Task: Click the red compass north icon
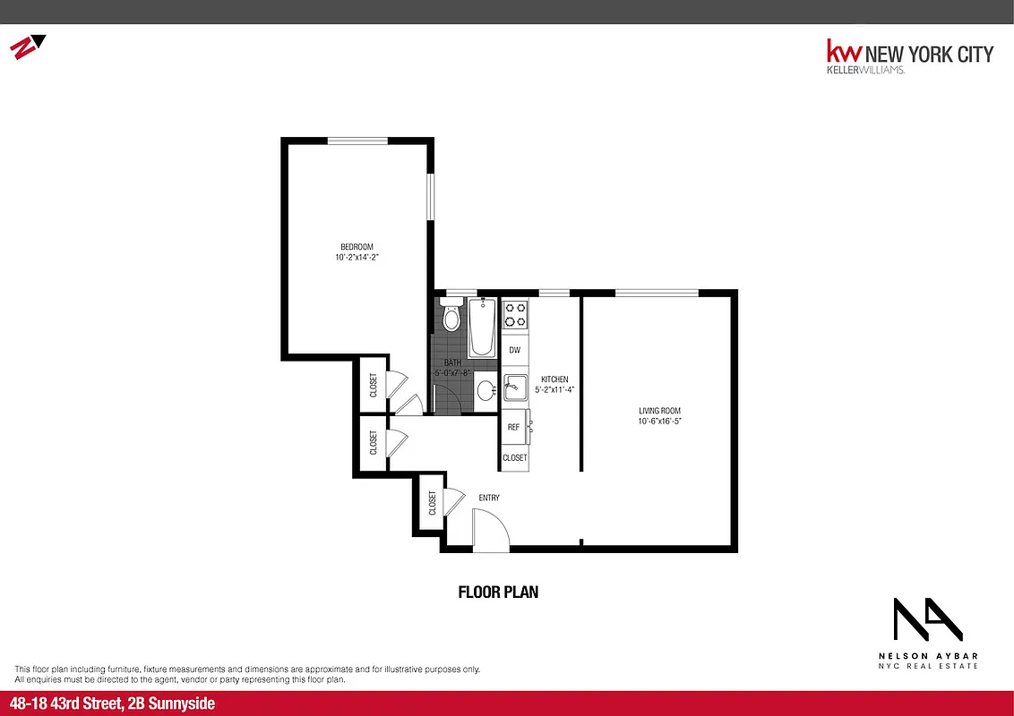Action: click(27, 47)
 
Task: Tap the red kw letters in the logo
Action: click(843, 52)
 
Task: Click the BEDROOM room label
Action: click(356, 247)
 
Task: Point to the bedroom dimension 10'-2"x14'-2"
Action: click(356, 258)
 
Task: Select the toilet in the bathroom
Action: click(451, 317)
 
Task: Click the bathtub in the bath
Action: click(482, 328)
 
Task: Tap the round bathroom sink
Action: click(485, 390)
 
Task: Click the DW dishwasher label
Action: click(514, 350)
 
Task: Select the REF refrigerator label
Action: click(513, 427)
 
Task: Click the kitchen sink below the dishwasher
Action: click(514, 388)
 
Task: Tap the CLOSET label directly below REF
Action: click(514, 457)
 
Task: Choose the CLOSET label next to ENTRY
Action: click(432, 505)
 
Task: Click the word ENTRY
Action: click(488, 498)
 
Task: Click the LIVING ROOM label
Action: click(661, 411)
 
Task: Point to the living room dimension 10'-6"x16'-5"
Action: click(661, 422)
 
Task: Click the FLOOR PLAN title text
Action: click(498, 592)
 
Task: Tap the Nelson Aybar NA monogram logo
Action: click(927, 619)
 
